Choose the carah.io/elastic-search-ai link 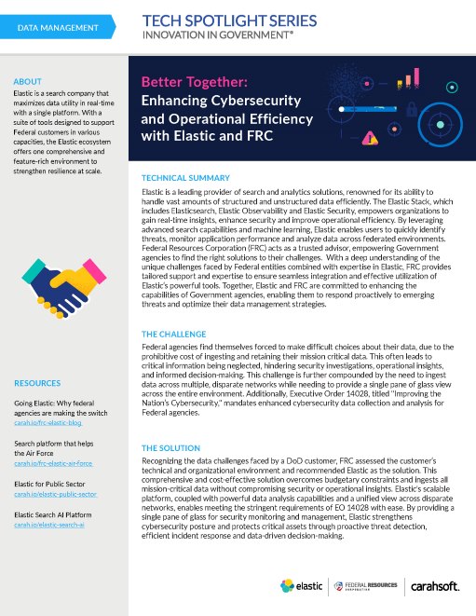50,527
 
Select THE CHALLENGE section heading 174,333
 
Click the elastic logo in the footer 304,586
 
